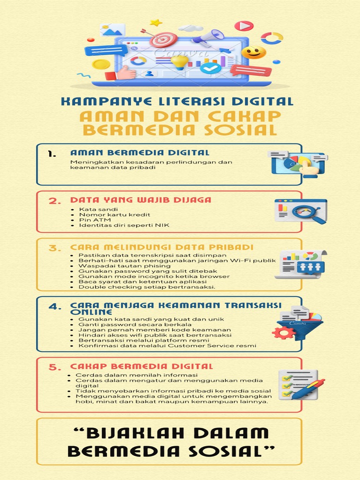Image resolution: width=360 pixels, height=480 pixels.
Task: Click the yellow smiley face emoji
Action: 254,52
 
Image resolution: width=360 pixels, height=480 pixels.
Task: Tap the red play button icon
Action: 244,26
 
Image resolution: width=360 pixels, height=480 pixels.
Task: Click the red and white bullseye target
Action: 164,39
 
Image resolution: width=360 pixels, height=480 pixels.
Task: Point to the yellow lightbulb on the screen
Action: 180,61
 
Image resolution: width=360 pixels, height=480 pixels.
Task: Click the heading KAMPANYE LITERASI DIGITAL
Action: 177,101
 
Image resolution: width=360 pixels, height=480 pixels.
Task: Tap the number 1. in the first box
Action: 52,154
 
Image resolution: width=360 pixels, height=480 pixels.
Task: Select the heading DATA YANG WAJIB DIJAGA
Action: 141,200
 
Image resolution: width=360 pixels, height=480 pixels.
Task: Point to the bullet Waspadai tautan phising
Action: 118,266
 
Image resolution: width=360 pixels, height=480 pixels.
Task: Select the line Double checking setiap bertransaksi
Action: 147,287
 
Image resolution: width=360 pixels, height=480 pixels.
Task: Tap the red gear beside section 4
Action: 283,333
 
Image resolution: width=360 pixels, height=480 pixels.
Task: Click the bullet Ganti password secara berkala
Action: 135,324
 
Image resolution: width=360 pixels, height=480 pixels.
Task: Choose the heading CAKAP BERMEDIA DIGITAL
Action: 142,366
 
